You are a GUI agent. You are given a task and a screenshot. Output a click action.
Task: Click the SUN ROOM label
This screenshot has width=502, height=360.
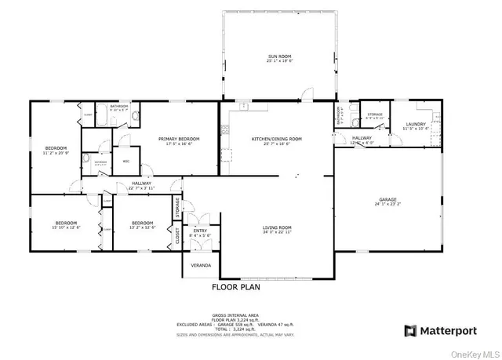coord(277,57)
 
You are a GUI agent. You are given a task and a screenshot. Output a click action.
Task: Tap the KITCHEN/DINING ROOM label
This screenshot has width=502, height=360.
coord(277,139)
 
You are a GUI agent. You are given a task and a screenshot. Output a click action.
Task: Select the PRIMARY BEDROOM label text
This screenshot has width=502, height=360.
coord(179,139)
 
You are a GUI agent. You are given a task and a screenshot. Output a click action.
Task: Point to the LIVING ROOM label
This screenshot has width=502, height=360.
coord(277,227)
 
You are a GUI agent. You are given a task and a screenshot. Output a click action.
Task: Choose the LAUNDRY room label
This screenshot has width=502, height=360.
coord(416,123)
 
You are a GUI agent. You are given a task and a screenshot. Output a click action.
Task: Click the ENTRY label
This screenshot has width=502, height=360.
coord(201,230)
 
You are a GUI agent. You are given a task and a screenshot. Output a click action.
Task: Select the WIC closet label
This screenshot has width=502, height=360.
coord(125,162)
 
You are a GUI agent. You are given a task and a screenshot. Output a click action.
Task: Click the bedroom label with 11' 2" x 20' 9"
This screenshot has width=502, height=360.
coord(55,148)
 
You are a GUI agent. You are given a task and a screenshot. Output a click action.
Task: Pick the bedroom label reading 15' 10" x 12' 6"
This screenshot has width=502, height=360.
coord(66,222)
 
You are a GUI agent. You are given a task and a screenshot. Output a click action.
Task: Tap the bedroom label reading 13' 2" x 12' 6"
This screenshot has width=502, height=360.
coord(143,222)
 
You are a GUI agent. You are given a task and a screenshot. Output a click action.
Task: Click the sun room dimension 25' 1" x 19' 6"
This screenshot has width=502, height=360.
coord(277,63)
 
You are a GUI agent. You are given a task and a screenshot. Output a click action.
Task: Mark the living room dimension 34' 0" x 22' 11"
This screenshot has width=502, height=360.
coord(277,233)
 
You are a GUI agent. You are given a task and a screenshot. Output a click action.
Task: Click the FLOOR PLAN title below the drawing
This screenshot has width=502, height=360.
coord(236,288)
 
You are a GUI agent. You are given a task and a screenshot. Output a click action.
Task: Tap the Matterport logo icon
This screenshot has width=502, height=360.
coord(408,331)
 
